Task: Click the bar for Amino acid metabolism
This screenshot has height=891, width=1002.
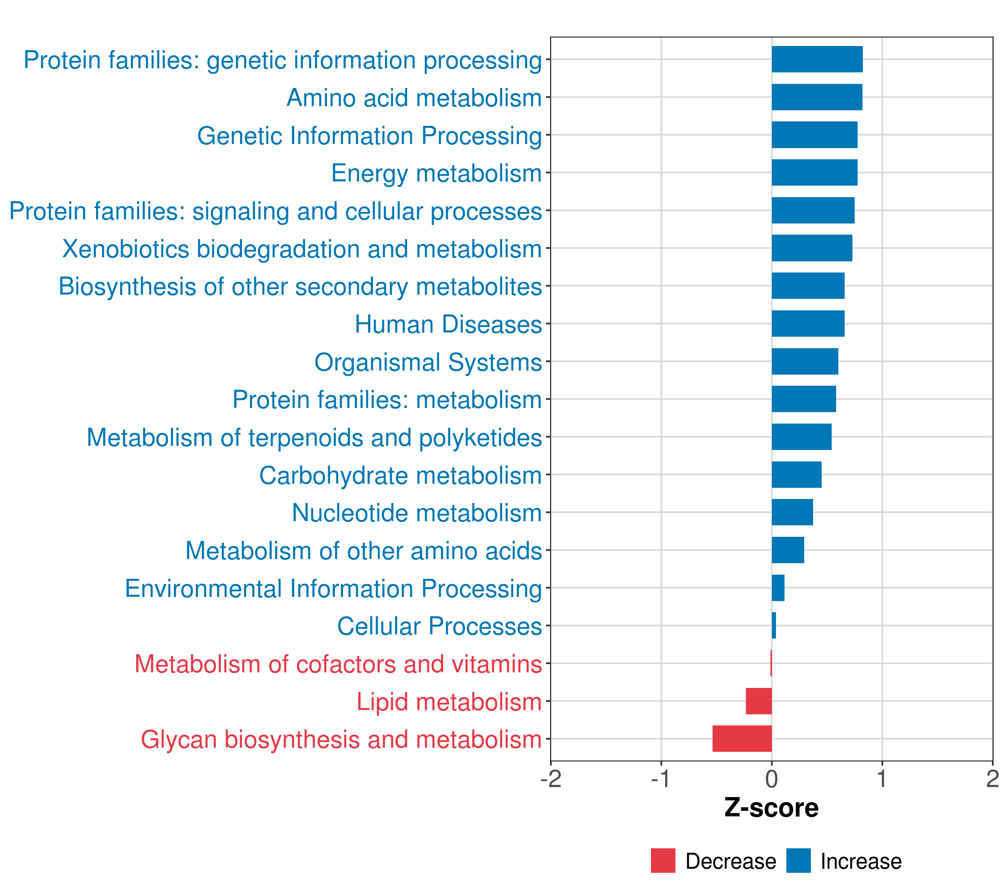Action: tap(817, 97)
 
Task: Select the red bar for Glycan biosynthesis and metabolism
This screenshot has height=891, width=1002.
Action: tap(742, 738)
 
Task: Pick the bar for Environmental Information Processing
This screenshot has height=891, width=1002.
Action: tap(778, 587)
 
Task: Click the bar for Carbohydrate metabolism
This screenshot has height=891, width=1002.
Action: tap(797, 474)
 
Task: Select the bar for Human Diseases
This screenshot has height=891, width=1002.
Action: tap(808, 324)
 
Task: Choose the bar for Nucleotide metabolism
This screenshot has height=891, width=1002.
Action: tap(792, 512)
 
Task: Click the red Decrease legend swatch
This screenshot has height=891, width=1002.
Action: tap(663, 861)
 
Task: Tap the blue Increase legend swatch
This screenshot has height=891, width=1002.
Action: tap(798, 861)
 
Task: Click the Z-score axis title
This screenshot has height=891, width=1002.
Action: tap(771, 807)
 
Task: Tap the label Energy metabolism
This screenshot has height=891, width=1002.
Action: tap(436, 173)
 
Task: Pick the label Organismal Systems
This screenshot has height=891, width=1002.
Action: tap(428, 362)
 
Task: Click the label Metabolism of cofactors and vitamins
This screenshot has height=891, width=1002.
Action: tap(338, 664)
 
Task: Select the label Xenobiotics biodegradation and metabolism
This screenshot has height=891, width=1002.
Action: tap(302, 249)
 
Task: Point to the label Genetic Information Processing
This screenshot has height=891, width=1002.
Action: tap(370, 136)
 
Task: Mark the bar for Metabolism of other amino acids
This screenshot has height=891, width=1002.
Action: tap(788, 550)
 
